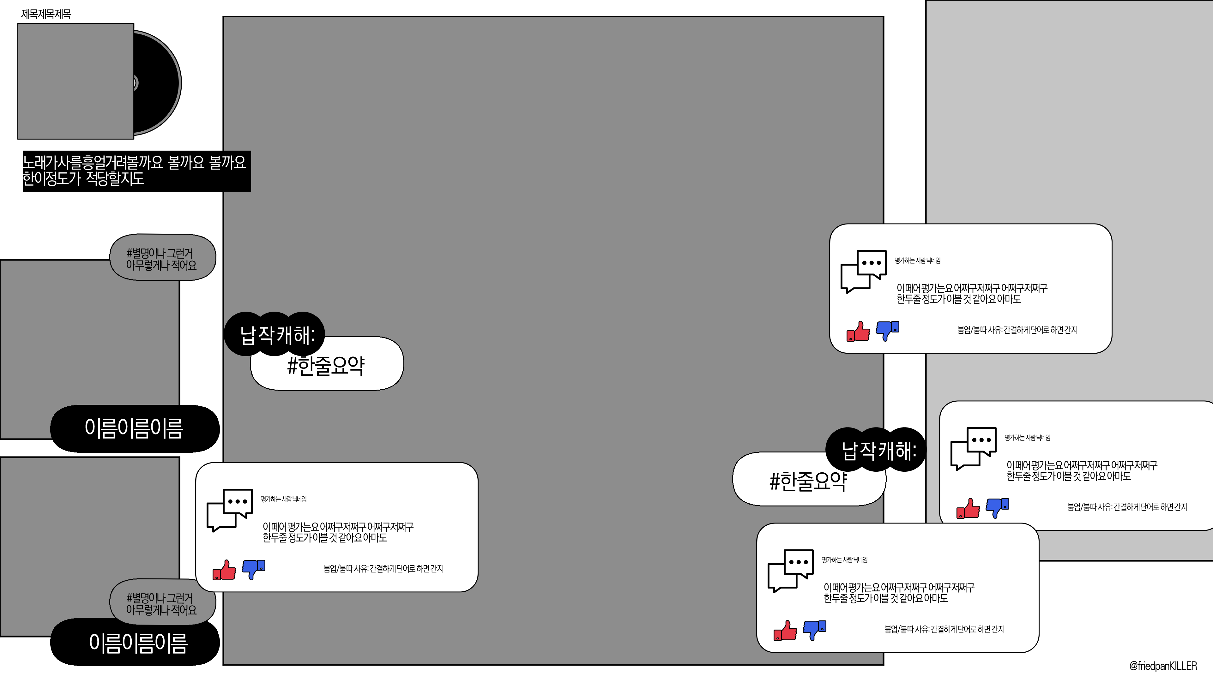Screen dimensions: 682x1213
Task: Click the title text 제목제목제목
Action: coord(46,14)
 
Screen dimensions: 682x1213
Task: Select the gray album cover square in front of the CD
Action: coord(75,81)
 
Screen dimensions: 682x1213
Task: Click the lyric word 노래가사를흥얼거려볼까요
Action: coord(92,162)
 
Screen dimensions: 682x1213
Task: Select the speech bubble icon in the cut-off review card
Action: coord(973,448)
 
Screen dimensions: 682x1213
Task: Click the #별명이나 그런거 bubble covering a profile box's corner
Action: coord(162,258)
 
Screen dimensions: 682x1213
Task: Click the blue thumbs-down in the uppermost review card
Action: coord(888,330)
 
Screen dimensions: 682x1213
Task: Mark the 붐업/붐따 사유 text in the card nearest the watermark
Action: coord(944,629)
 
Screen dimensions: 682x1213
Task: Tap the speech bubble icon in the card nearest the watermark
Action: coord(790,570)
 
